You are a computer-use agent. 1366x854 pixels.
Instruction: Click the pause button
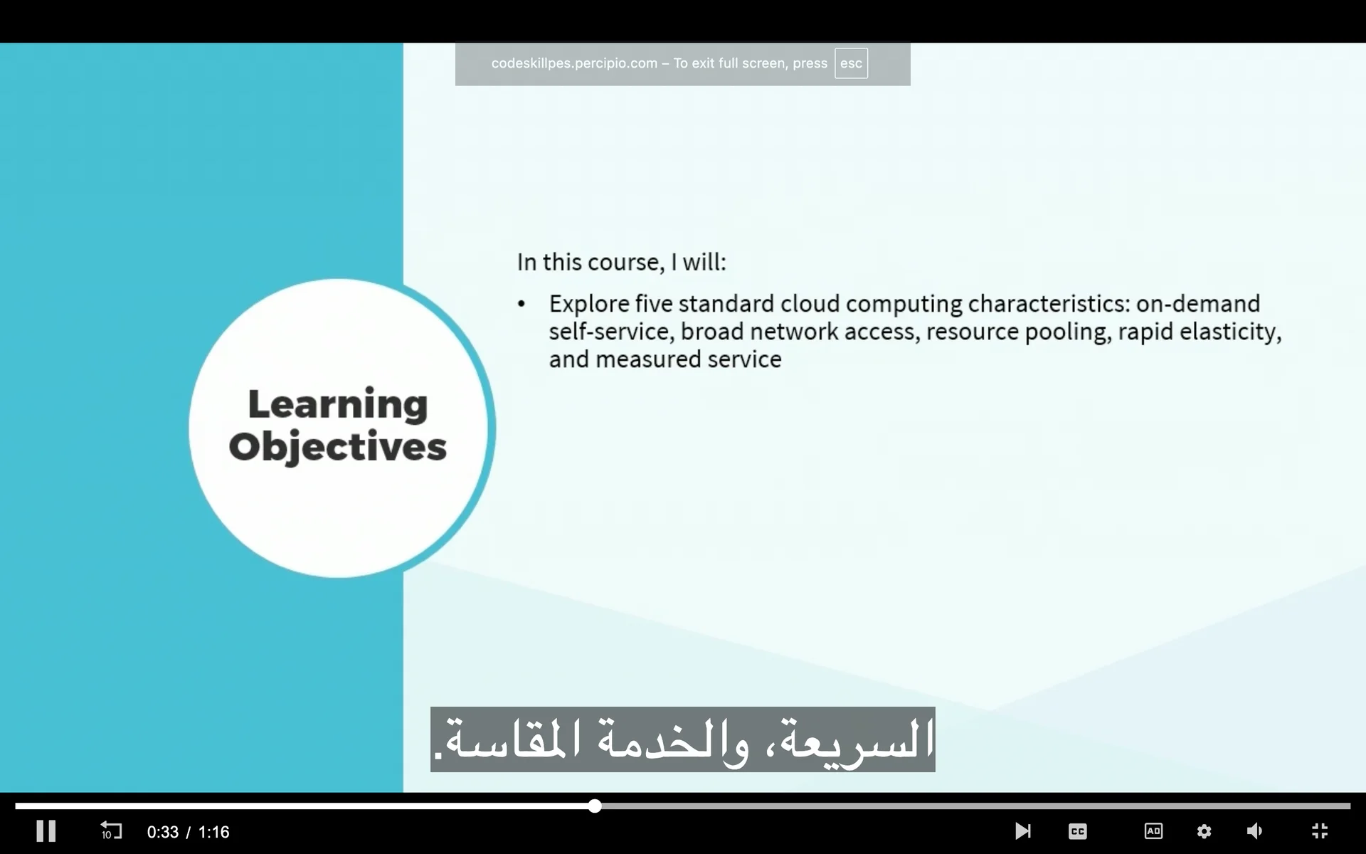pyautogui.click(x=46, y=831)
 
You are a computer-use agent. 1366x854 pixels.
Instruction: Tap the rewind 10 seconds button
pyautogui.click(x=111, y=831)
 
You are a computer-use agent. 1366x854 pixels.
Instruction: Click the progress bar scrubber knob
pyautogui.click(x=595, y=806)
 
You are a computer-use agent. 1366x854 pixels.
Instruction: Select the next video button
pyautogui.click(x=1022, y=831)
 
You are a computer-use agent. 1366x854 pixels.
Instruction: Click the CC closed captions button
pyautogui.click(x=1078, y=831)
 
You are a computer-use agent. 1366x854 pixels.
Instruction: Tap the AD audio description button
pyautogui.click(x=1153, y=831)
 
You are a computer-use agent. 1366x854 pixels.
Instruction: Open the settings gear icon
pyautogui.click(x=1204, y=831)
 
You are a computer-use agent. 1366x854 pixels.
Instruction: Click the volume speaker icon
pyautogui.click(x=1255, y=831)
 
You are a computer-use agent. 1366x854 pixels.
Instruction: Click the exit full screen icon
pyautogui.click(x=1320, y=831)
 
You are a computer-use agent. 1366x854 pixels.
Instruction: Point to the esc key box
pyautogui.click(x=851, y=63)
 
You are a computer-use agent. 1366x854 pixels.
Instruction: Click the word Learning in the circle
pyautogui.click(x=338, y=406)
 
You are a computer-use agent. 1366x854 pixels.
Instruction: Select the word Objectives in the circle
pyautogui.click(x=338, y=448)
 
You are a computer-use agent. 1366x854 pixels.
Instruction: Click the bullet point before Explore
pyautogui.click(x=521, y=305)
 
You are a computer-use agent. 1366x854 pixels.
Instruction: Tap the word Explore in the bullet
pyautogui.click(x=589, y=305)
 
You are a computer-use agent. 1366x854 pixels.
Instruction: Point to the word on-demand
pyautogui.click(x=1198, y=304)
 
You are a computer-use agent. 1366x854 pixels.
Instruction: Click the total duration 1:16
pyautogui.click(x=213, y=832)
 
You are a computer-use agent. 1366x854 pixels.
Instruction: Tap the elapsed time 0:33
pyautogui.click(x=163, y=832)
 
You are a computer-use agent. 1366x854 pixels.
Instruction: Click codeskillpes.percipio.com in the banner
pyautogui.click(x=574, y=63)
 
